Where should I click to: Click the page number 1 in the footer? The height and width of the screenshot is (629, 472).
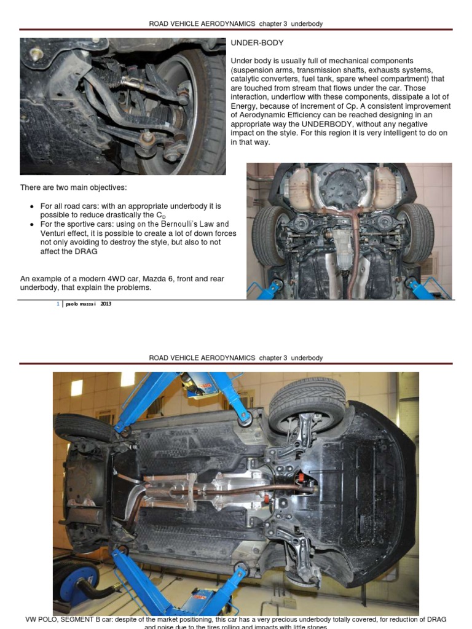(x=57, y=304)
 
